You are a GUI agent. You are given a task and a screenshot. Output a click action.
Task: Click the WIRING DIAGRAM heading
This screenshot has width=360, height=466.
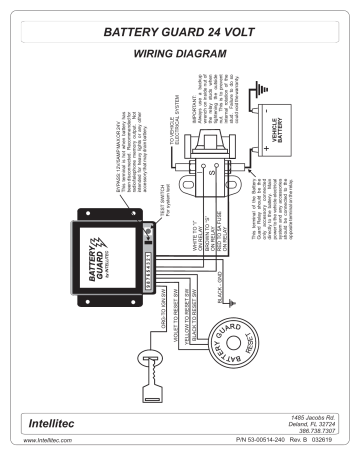[x=180, y=59]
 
